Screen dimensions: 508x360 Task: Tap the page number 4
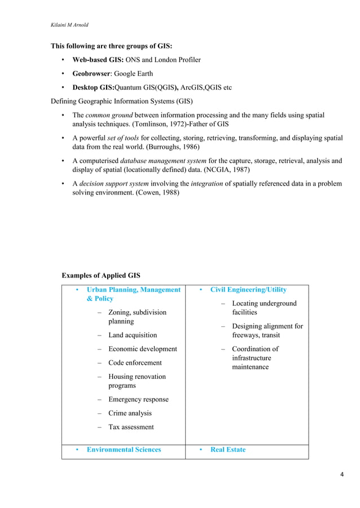click(x=342, y=474)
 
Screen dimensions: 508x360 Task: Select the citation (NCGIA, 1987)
click(x=220, y=169)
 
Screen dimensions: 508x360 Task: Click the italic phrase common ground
click(x=108, y=115)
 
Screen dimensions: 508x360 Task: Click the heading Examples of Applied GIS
click(x=100, y=276)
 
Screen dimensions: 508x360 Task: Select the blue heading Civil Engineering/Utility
click(x=248, y=290)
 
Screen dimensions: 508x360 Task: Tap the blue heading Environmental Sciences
click(x=124, y=450)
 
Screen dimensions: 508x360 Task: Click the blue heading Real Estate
click(x=228, y=450)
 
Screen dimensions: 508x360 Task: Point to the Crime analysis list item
click(x=130, y=413)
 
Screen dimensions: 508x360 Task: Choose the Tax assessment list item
click(x=131, y=427)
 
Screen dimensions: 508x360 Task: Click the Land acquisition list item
click(x=133, y=335)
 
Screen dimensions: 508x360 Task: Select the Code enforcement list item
click(x=135, y=363)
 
